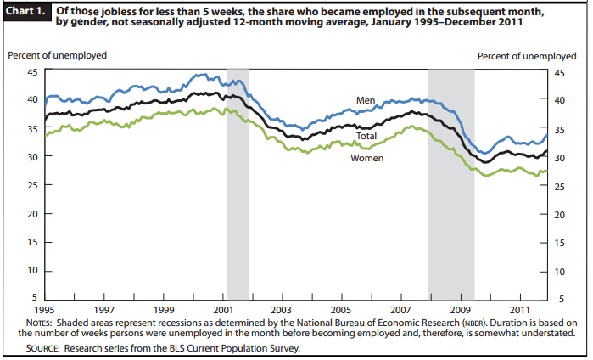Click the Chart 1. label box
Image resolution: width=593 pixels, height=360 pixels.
[29, 10]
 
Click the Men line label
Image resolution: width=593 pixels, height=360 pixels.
[366, 100]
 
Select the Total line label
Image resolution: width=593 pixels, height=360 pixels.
[366, 136]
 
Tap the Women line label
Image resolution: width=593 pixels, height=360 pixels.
[366, 158]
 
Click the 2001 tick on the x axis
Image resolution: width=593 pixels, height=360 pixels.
[225, 311]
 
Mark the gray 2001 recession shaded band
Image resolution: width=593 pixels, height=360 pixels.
[238, 183]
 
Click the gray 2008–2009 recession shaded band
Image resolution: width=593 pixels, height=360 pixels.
[450, 183]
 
